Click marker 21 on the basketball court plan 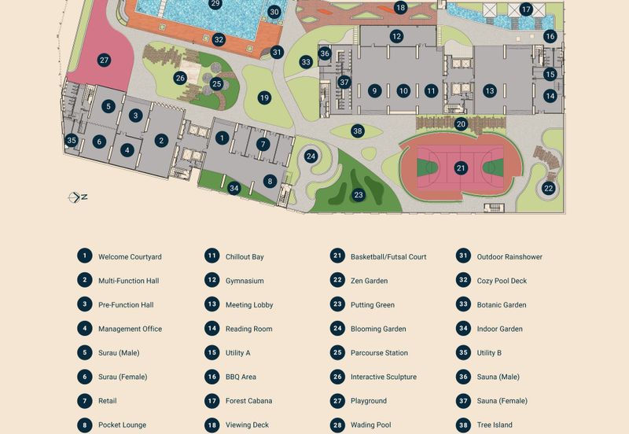[461, 167]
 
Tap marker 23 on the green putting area [359, 194]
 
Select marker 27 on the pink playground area [104, 60]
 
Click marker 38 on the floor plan [358, 131]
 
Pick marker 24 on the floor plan [311, 156]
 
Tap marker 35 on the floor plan [72, 141]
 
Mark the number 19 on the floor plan [264, 98]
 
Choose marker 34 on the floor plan [234, 188]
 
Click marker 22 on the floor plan [548, 188]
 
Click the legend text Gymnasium [245, 281]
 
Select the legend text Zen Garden [369, 281]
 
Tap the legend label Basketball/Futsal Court [388, 256]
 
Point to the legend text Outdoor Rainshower [509, 256]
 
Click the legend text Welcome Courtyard [130, 256]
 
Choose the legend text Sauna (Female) [502, 401]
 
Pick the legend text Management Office [130, 329]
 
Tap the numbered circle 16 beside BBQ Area [212, 377]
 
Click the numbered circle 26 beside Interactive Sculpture [337, 377]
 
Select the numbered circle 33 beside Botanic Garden [463, 304]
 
